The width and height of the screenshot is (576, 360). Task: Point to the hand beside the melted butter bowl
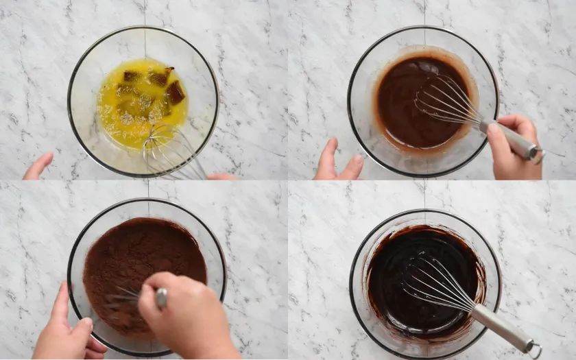coord(38,167)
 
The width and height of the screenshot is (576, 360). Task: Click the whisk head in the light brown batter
coord(446,101)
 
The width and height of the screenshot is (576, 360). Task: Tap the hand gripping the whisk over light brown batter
coord(514,147)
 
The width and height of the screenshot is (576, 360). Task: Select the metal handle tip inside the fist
coord(161,297)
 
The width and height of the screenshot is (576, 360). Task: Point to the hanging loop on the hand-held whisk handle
coord(538,156)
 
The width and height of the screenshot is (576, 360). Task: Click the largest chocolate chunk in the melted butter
coord(175,93)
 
